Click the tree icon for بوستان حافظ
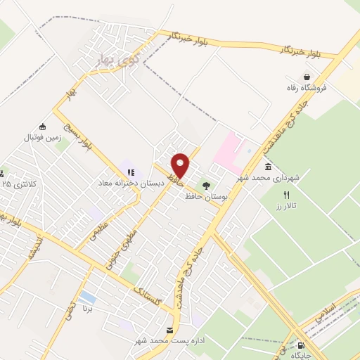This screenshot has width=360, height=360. pos(206,186)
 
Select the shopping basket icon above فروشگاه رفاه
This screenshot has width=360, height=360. pos(307,77)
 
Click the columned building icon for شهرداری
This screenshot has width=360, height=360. pos(269,167)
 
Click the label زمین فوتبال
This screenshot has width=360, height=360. pos(44,138)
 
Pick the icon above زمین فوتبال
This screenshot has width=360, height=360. pos(44,127)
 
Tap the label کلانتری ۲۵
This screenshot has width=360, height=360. pos(15,184)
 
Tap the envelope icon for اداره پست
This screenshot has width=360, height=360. pos(169,330)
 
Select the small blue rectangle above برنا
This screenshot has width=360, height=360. pos(88,297)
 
